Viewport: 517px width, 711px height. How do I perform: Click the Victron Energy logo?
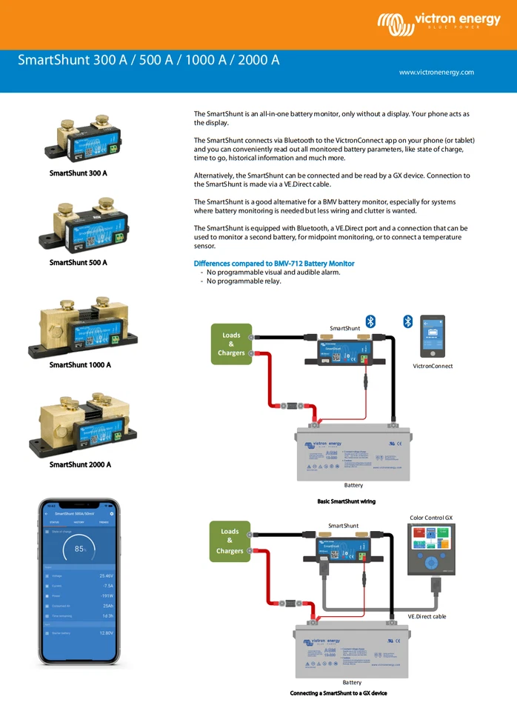pos(438,24)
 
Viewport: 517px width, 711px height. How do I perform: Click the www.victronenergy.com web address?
pos(436,73)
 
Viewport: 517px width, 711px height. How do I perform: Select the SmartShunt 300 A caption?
pos(79,173)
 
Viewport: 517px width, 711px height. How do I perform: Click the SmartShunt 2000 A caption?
pos(80,465)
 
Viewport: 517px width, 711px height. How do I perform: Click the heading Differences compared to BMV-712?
pos(274,264)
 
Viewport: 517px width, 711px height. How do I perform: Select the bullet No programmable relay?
pos(244,281)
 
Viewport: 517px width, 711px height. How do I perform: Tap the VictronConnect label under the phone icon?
pos(433,367)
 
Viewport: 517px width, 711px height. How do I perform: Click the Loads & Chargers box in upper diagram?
pos(231,344)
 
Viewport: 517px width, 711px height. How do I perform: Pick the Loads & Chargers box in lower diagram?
pos(230,541)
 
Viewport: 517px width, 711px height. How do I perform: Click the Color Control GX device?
pos(431,548)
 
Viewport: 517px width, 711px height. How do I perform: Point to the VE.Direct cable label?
pos(427,616)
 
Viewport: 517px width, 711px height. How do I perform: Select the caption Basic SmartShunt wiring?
pos(346,501)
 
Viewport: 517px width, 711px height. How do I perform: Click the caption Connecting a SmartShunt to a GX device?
pos(338,694)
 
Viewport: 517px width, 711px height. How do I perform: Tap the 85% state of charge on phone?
pos(80,550)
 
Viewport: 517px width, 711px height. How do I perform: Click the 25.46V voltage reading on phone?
pos(107,575)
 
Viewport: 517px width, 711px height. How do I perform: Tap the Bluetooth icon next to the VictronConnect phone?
pos(407,321)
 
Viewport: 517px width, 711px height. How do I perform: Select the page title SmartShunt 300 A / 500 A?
pos(148,60)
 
